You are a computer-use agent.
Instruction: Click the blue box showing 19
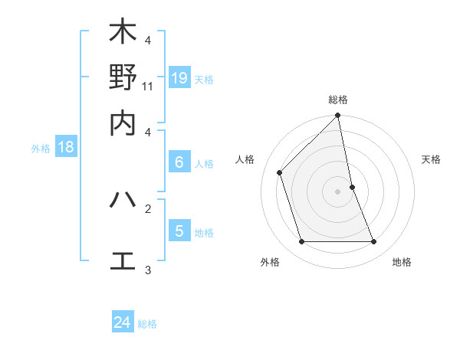tap(179, 77)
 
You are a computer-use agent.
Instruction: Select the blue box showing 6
tap(179, 162)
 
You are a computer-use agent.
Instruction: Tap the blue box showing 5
tap(179, 231)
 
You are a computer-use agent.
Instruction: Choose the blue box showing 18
tap(66, 147)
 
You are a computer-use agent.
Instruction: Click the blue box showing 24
tap(123, 322)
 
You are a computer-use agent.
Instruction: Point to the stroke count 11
tap(148, 86)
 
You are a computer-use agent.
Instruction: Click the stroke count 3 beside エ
tap(148, 270)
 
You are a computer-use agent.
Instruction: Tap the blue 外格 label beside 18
tap(41, 149)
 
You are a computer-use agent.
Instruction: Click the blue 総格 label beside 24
tap(147, 324)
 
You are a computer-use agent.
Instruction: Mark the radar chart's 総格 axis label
tap(338, 100)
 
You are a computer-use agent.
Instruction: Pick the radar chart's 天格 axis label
tap(432, 159)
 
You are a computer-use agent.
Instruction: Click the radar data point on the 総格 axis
tap(338, 116)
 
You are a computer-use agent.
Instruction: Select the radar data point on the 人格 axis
tap(280, 172)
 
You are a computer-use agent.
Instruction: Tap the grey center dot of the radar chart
tap(338, 191)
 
